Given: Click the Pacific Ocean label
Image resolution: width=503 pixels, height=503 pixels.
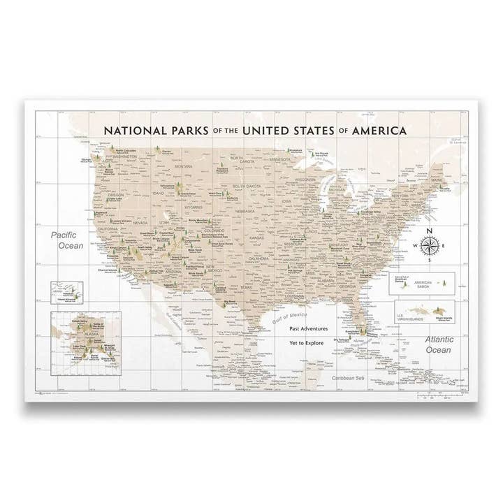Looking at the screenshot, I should pyautogui.click(x=70, y=241).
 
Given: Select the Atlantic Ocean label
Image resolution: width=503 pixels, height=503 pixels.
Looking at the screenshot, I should pyautogui.click(x=439, y=345).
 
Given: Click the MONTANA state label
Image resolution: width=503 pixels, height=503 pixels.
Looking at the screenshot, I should pyautogui.click(x=183, y=166).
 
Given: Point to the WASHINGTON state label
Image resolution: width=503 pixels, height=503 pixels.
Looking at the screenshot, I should pyautogui.click(x=125, y=157).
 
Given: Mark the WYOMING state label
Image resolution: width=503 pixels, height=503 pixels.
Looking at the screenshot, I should pyautogui.click(x=192, y=207).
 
